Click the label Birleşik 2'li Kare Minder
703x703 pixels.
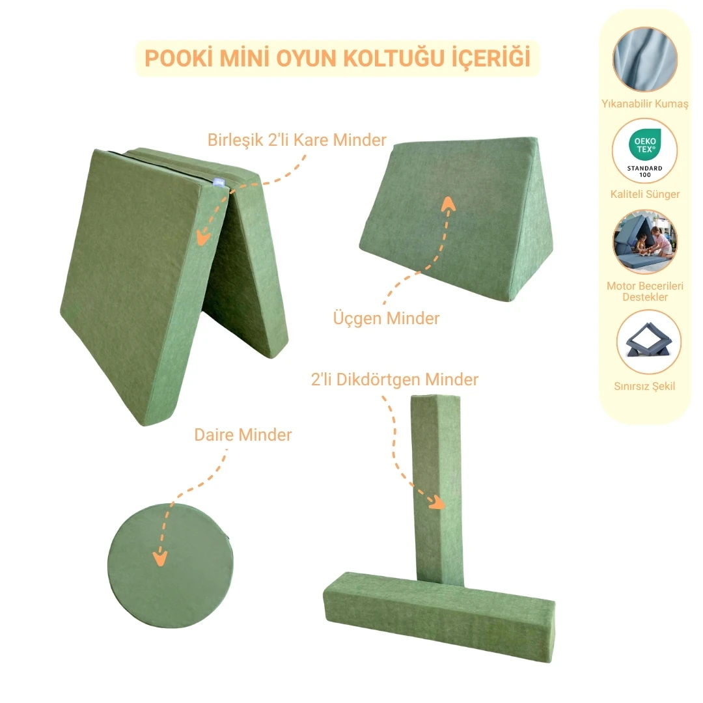point(297,140)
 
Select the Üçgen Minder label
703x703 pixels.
point(386,318)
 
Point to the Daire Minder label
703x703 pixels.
point(243,435)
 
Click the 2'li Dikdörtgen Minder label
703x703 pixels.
point(394,379)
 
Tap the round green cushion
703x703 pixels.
point(171,564)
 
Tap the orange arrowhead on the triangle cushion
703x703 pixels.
point(448,204)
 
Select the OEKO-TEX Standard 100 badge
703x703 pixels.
point(644,151)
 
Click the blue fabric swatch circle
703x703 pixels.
point(644,59)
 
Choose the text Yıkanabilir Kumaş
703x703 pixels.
point(644,105)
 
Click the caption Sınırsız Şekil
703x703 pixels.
point(644,386)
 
